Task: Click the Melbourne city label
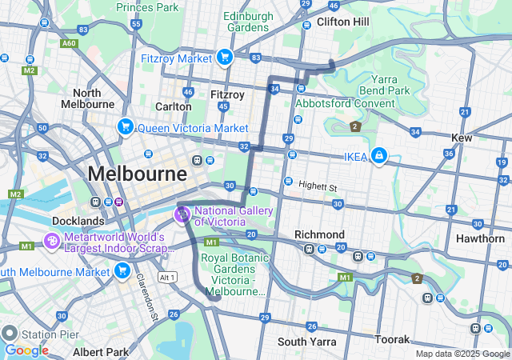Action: [x=137, y=174]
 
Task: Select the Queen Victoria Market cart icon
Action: [x=125, y=127]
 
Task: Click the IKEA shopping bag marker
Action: [x=378, y=156]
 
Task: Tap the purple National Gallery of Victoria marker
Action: [x=182, y=214]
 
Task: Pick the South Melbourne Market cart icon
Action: [x=122, y=271]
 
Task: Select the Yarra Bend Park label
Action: [x=390, y=85]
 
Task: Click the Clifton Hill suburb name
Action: [x=343, y=22]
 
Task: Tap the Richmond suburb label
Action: [x=319, y=234]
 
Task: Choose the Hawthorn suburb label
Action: [x=480, y=238]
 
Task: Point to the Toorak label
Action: [x=392, y=339]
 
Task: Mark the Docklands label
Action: [x=78, y=220]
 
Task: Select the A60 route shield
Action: [x=69, y=44]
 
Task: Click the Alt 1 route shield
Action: [x=166, y=277]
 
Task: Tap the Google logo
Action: [x=26, y=350]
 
